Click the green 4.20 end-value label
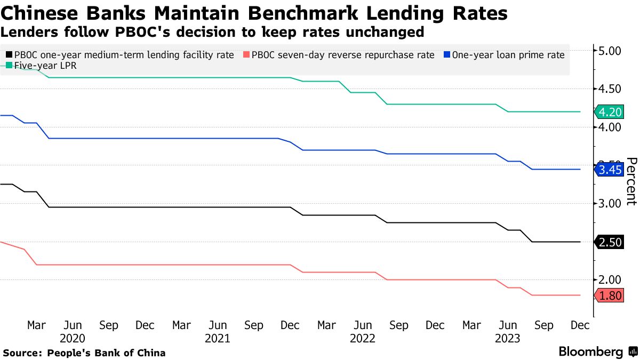(610, 112)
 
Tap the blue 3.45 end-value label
(610, 170)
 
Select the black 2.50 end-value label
(610, 242)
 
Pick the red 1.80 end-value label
(610, 295)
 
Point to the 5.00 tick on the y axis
(610, 51)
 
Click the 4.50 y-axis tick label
(610, 89)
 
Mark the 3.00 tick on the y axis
(610, 204)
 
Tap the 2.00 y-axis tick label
(610, 280)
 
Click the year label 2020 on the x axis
(73, 338)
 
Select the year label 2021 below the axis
(218, 338)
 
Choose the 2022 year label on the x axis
(363, 338)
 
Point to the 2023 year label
(508, 338)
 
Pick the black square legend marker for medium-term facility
(9, 54)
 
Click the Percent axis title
(631, 181)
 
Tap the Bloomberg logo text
(590, 352)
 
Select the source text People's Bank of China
(106, 353)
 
